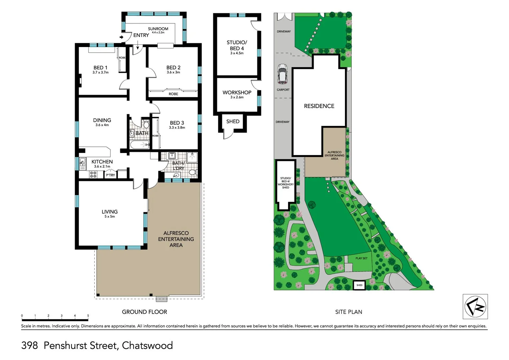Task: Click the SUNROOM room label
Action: pos(158,29)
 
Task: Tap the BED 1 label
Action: pos(100,68)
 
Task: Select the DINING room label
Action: pos(102,120)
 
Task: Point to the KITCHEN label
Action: pos(102,162)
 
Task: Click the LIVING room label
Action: pos(110,212)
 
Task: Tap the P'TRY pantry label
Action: pos(110,175)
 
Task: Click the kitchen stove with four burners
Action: pos(93,174)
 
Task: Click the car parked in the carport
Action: pos(282,74)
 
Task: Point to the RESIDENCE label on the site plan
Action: pos(319,106)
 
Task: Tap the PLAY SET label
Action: pos(361,258)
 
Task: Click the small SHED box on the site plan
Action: pos(359,285)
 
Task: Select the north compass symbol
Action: pos(475,306)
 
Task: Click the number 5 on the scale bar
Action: pos(88,315)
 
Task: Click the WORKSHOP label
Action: pos(237,92)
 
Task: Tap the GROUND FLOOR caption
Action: pos(144,312)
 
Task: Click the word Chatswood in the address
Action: pos(147,345)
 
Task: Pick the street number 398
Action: pos(30,345)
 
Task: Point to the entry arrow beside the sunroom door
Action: pos(122,37)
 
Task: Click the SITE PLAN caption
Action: pos(348,312)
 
